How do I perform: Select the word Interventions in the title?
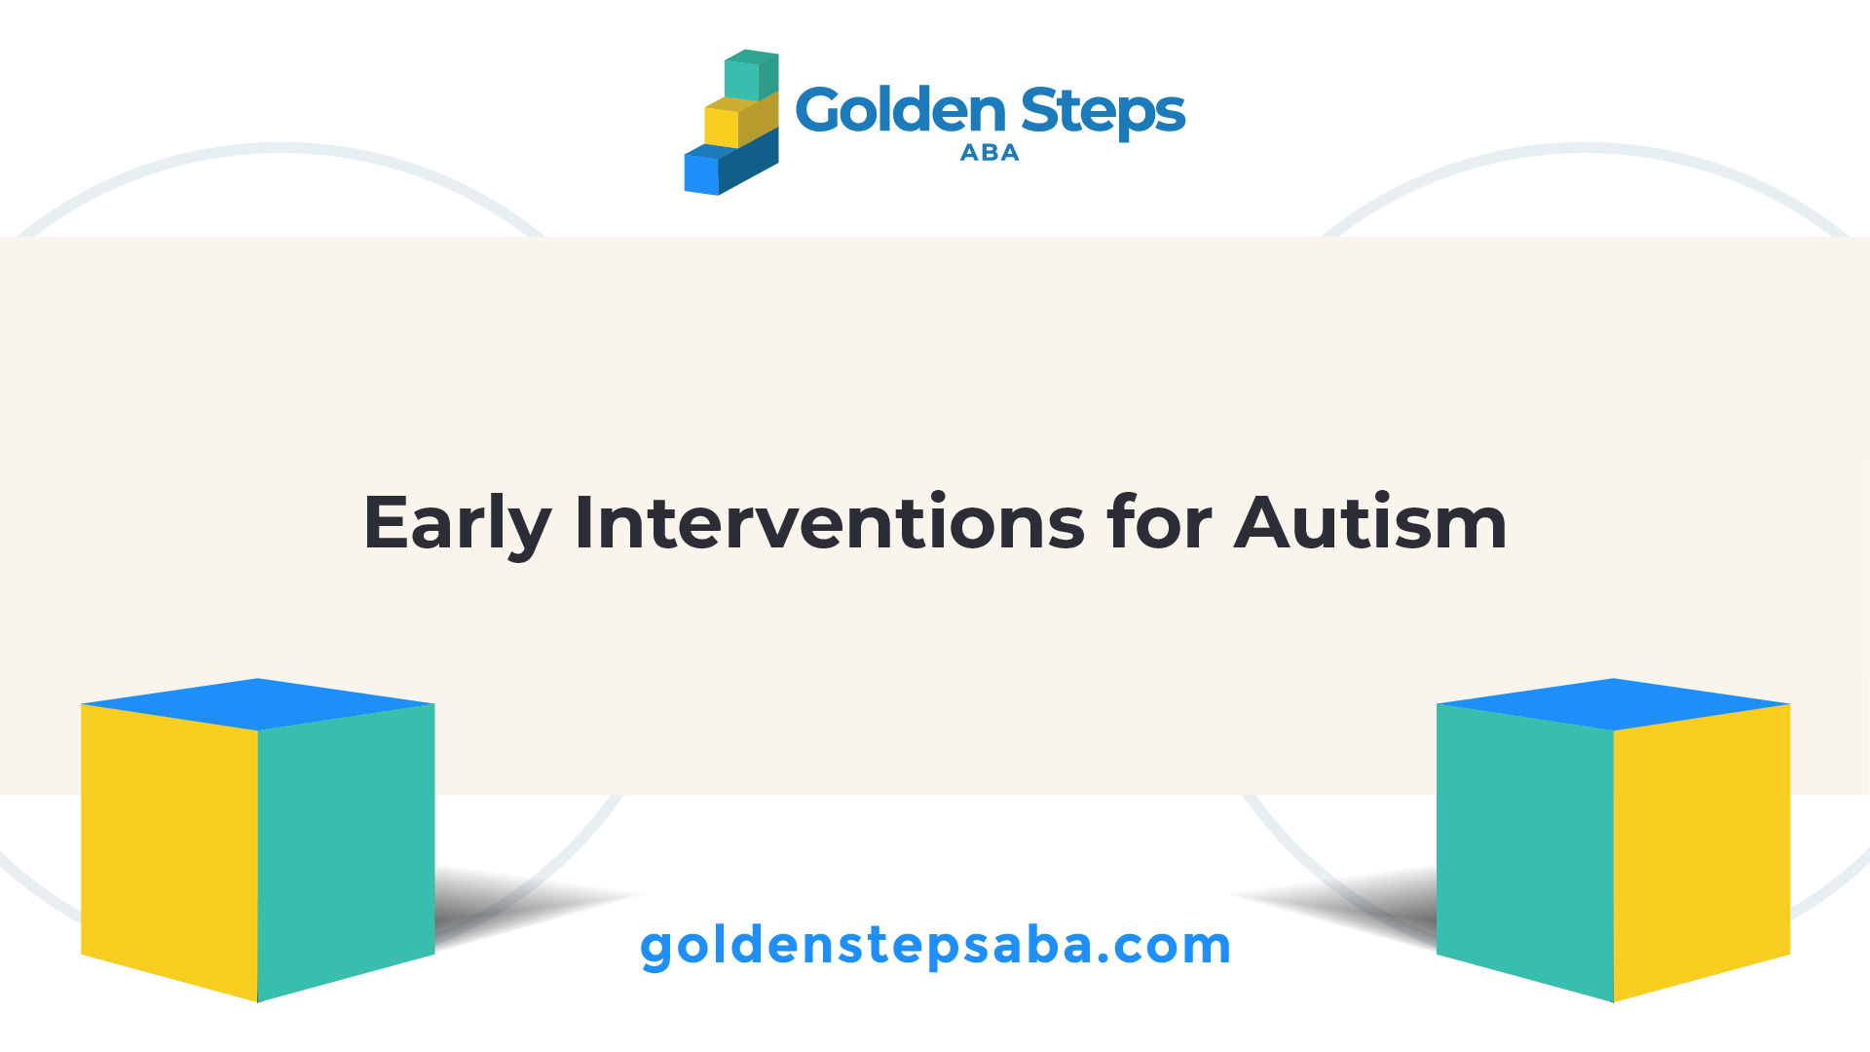830,523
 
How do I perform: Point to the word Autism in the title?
1371,523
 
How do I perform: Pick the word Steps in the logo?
1103,113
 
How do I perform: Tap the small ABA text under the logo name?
990,153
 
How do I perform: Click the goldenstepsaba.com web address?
936,946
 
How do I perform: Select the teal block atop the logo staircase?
751,75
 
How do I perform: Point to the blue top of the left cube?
258,703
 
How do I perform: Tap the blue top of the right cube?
1614,703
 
